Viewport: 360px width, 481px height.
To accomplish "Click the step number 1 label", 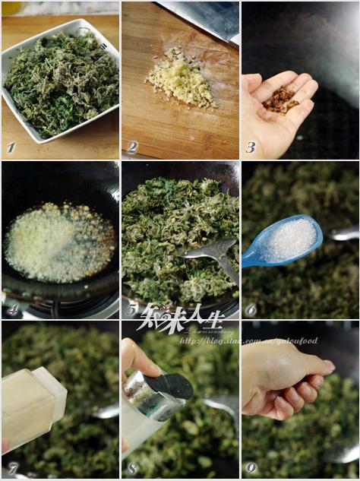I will click(x=11, y=147).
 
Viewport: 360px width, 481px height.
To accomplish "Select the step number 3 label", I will click(x=251, y=147).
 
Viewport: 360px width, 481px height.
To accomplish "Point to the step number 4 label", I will click(x=11, y=309).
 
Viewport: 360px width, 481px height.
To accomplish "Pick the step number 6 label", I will click(x=251, y=309).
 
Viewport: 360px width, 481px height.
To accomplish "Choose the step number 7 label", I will click(x=11, y=469).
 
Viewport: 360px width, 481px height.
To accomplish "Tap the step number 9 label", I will click(x=251, y=469).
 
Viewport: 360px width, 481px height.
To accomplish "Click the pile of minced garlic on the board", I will click(x=181, y=78).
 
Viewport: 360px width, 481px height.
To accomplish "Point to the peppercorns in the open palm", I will click(x=280, y=99).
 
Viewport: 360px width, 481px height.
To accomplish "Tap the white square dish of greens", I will click(x=59, y=79).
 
